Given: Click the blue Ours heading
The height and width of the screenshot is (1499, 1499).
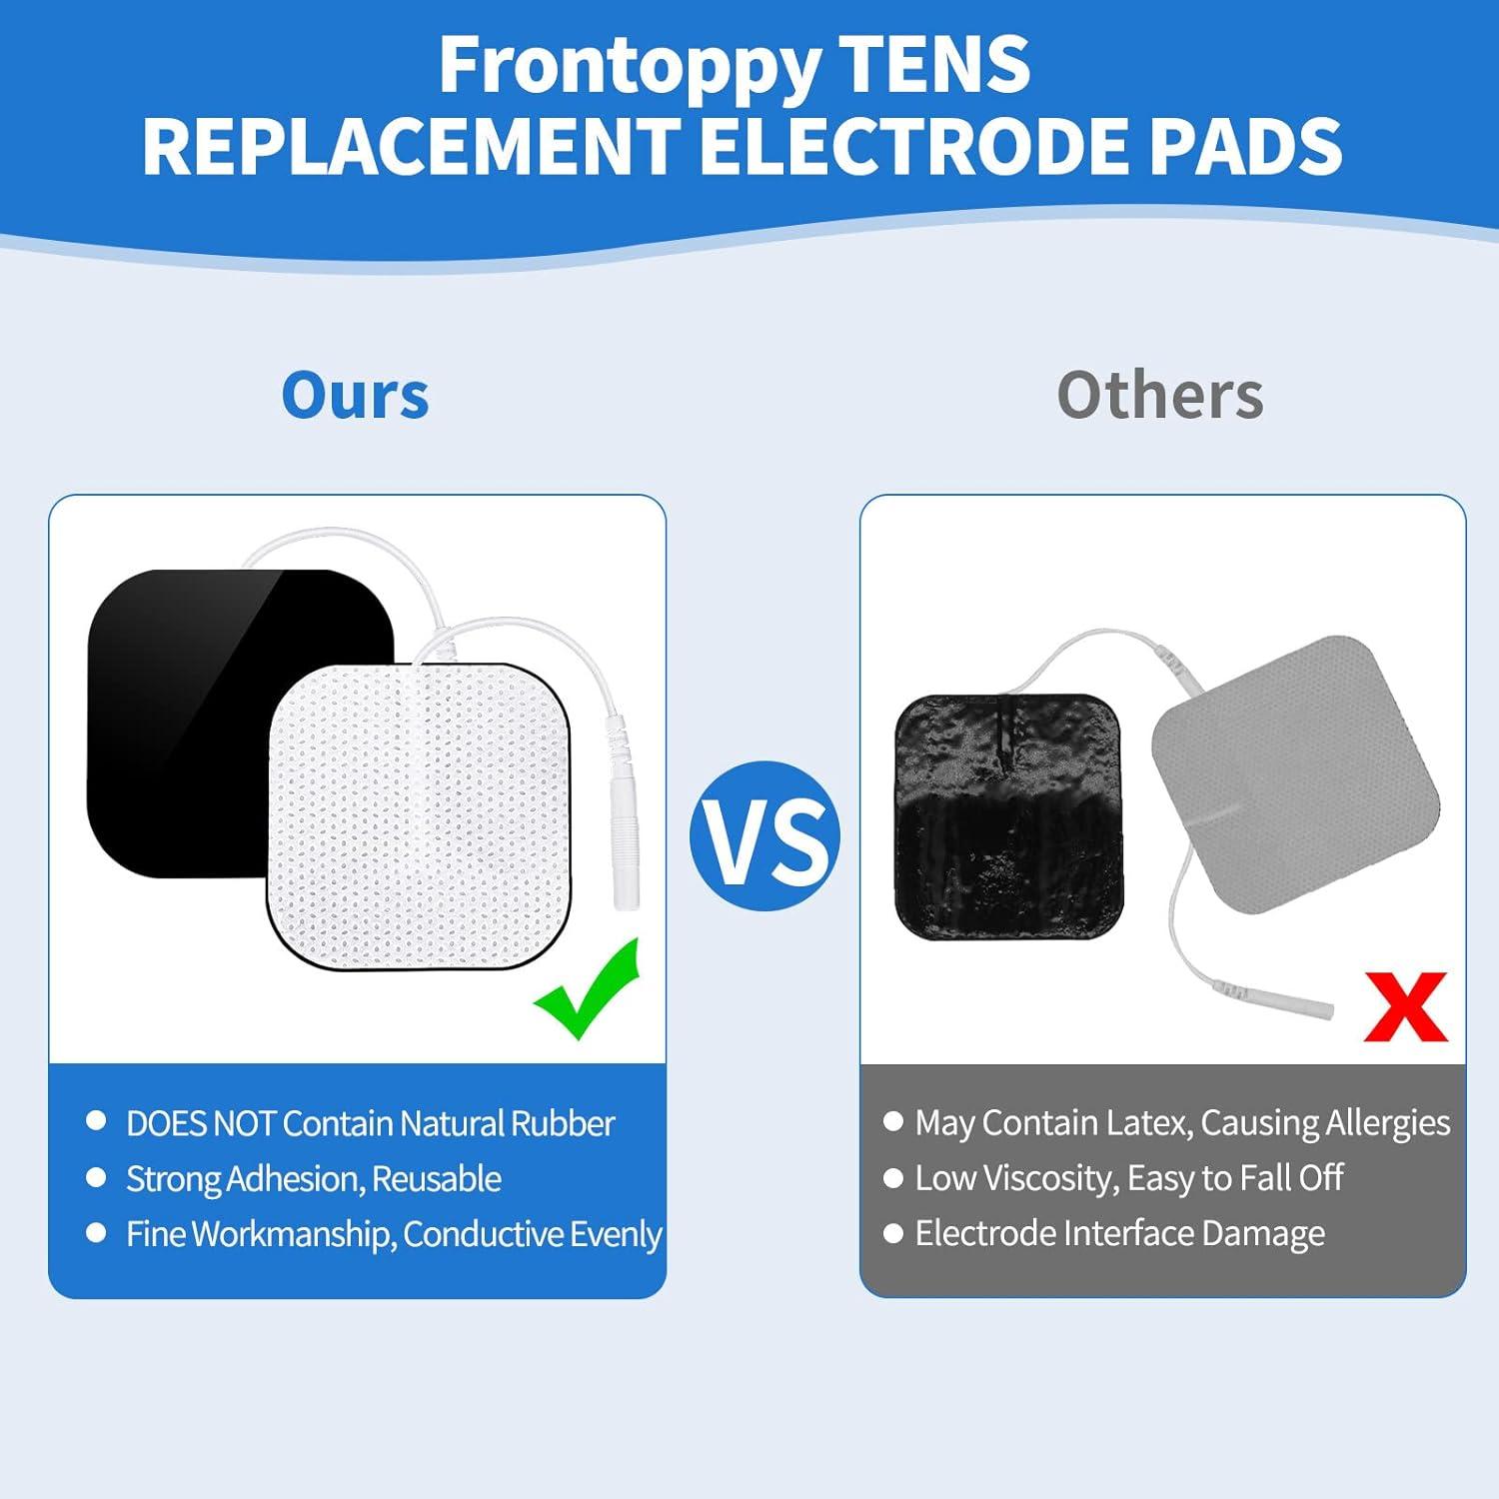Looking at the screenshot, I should pos(355,396).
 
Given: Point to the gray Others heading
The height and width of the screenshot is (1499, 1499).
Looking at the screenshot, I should pos(1159,396).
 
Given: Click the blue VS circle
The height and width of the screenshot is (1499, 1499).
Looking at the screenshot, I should pos(764,835).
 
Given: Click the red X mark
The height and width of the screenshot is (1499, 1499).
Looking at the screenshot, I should pos(1405,1007).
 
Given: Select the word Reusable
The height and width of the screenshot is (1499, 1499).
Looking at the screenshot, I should pos(436,1179).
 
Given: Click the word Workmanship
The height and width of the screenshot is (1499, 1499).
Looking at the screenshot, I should pos(293,1234).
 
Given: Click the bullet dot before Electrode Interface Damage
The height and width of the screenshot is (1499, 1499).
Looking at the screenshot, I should pos(892,1233).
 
